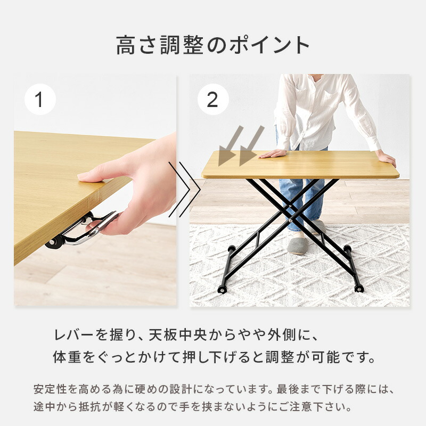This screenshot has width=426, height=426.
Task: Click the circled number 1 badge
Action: coord(40,99)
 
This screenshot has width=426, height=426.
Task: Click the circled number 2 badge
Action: coord(213,99)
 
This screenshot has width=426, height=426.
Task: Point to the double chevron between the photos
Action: coord(184,190)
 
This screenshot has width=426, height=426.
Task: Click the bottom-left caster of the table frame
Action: coord(223,290)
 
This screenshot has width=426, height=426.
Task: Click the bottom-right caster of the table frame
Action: coord(359,289)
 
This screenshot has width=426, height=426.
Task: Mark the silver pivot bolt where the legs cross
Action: coord(291,220)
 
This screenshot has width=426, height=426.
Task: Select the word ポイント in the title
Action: coord(269,45)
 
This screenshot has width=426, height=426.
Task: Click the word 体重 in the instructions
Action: coord(67,357)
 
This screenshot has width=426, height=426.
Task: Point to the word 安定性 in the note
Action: coord(50,389)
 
